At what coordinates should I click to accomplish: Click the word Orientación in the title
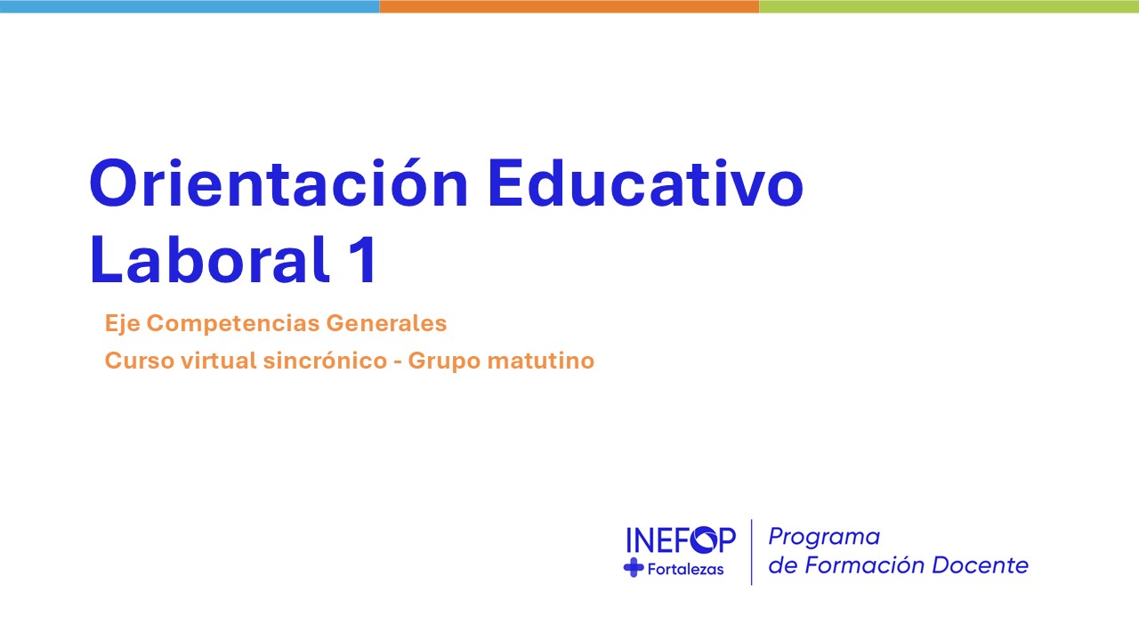click(x=279, y=183)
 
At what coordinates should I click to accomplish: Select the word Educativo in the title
click(x=646, y=183)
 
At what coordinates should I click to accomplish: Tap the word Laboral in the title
click(x=208, y=259)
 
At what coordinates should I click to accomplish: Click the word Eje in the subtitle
click(x=122, y=323)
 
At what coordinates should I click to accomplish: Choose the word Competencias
click(x=233, y=323)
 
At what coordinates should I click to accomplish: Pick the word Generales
click(x=386, y=323)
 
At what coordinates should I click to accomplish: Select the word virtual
click(x=219, y=361)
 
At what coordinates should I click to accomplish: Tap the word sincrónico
click(x=326, y=361)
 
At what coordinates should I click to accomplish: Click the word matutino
click(x=540, y=361)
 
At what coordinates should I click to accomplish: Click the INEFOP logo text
click(x=681, y=540)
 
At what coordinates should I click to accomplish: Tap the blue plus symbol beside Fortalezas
click(x=634, y=568)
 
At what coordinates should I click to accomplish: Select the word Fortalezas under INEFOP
click(x=685, y=569)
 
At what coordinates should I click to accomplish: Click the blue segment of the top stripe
click(x=190, y=6)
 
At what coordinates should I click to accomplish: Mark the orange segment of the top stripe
click(x=569, y=6)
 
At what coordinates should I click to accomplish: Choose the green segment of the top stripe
click(x=949, y=6)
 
